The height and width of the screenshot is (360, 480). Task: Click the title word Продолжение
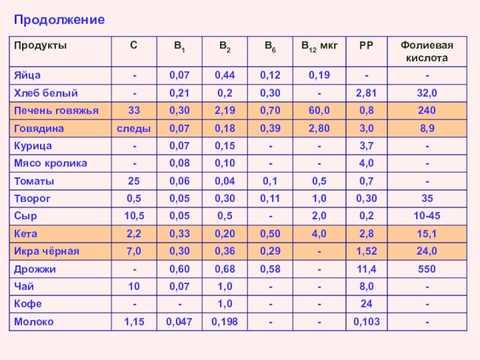(x=59, y=20)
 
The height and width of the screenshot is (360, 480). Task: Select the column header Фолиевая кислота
(x=427, y=52)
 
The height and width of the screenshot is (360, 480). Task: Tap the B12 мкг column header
(x=319, y=46)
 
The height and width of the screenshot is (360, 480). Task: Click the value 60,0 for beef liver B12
(x=319, y=110)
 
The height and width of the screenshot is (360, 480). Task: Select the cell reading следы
(x=133, y=128)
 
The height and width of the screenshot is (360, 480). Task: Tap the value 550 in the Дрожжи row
(x=427, y=269)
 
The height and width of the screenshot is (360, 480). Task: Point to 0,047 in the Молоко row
(x=179, y=322)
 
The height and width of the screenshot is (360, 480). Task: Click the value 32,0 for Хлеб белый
(x=427, y=93)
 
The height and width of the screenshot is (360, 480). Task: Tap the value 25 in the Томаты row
(x=133, y=181)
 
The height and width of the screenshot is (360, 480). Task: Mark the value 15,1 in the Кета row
(x=427, y=234)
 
